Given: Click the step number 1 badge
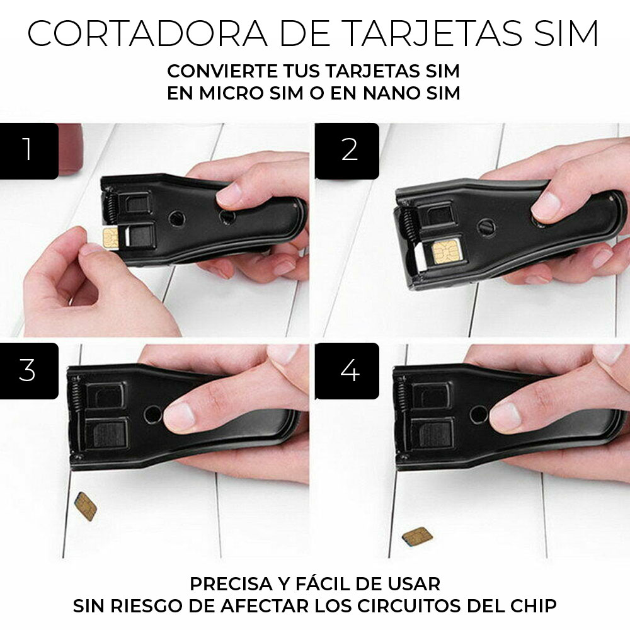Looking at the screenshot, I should (x=28, y=151).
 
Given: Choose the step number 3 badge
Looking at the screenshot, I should (x=28, y=371).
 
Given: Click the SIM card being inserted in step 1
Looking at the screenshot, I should (x=112, y=238).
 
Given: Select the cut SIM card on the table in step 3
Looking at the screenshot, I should (x=85, y=506).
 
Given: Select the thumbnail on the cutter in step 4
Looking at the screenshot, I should (x=503, y=416).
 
